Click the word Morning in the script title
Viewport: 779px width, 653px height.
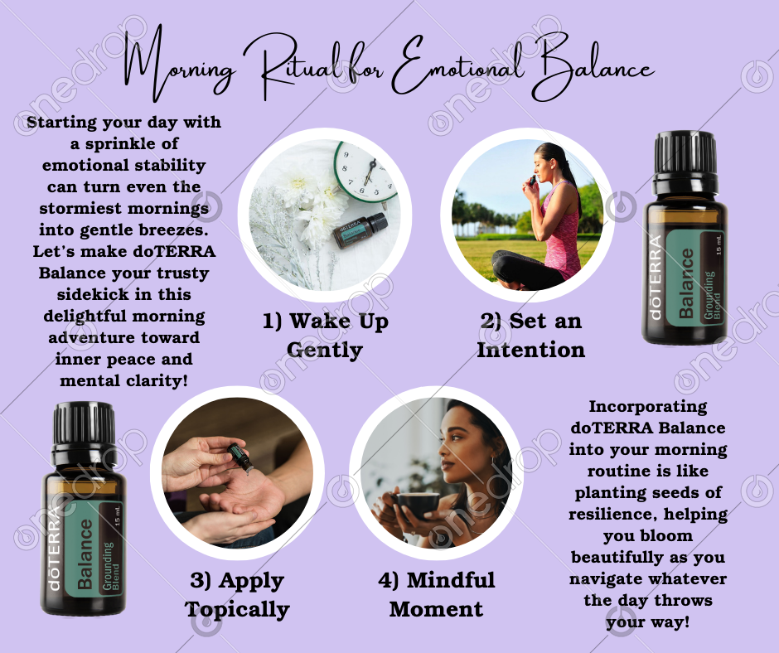coord(179,65)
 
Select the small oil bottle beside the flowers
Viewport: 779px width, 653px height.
coord(360,230)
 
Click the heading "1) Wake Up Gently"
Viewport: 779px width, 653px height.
coord(325,336)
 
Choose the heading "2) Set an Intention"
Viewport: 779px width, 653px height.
coord(530,336)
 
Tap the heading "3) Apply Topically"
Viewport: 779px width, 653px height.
coord(237,595)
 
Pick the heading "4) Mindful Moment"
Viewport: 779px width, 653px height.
coord(436,595)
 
